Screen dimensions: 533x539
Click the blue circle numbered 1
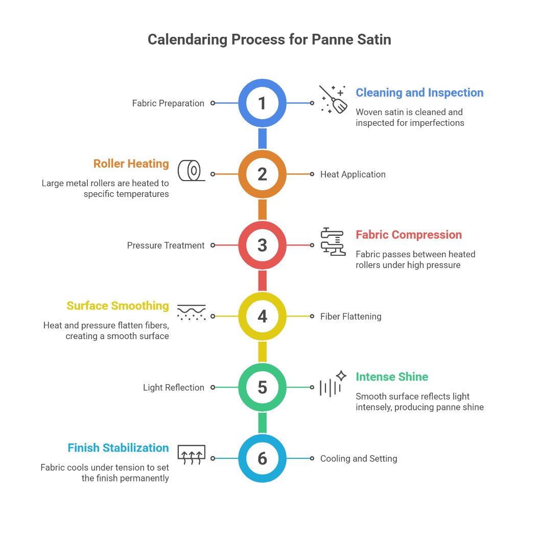(262, 103)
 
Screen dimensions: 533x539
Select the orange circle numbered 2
(262, 174)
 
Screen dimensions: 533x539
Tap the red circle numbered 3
(262, 245)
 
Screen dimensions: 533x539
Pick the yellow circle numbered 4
(262, 316)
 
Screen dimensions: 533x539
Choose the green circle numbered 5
(262, 387)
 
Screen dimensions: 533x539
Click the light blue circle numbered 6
(262, 458)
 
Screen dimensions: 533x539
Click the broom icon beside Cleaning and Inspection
(333, 99)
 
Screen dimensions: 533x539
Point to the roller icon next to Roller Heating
(191, 170)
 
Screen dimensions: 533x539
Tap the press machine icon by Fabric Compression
(333, 241)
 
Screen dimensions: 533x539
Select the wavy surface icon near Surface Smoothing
(191, 312)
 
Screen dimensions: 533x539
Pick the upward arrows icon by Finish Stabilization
(191, 454)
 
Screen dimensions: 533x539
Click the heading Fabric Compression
(408, 235)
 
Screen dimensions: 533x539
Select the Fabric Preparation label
(168, 103)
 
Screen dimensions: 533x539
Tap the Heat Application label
(353, 174)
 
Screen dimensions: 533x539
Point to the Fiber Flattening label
(350, 317)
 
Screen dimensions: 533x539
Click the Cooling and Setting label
(358, 459)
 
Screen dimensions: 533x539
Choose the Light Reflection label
(174, 388)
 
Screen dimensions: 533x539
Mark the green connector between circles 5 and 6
(262, 423)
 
